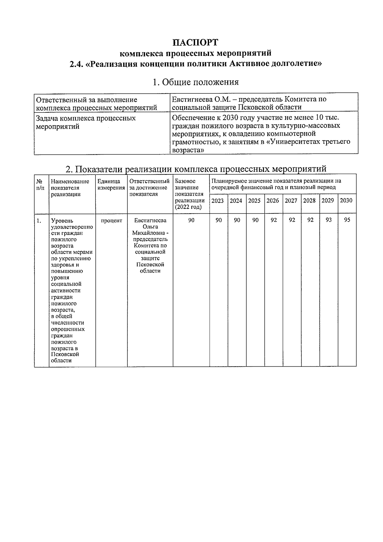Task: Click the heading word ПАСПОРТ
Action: pyautogui.click(x=195, y=42)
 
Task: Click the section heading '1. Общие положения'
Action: pyautogui.click(x=195, y=82)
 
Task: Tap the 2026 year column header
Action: pyautogui.click(x=273, y=201)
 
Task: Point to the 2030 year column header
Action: pyautogui.click(x=346, y=200)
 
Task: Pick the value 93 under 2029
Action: pyautogui.click(x=328, y=220)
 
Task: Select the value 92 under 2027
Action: pyautogui.click(x=292, y=220)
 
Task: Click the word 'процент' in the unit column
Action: pyautogui.click(x=111, y=221)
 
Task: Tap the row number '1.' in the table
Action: pyautogui.click(x=39, y=221)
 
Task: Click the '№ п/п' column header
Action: pyautogui.click(x=40, y=184)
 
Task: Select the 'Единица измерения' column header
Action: pyautogui.click(x=111, y=185)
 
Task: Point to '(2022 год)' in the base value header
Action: pyautogui.click(x=188, y=207)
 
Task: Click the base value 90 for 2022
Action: pyautogui.click(x=191, y=220)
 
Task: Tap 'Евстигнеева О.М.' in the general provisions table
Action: pyautogui.click(x=195, y=99)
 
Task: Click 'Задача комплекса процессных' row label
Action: pyautogui.click(x=86, y=118)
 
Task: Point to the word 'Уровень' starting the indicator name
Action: pyautogui.click(x=62, y=221)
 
